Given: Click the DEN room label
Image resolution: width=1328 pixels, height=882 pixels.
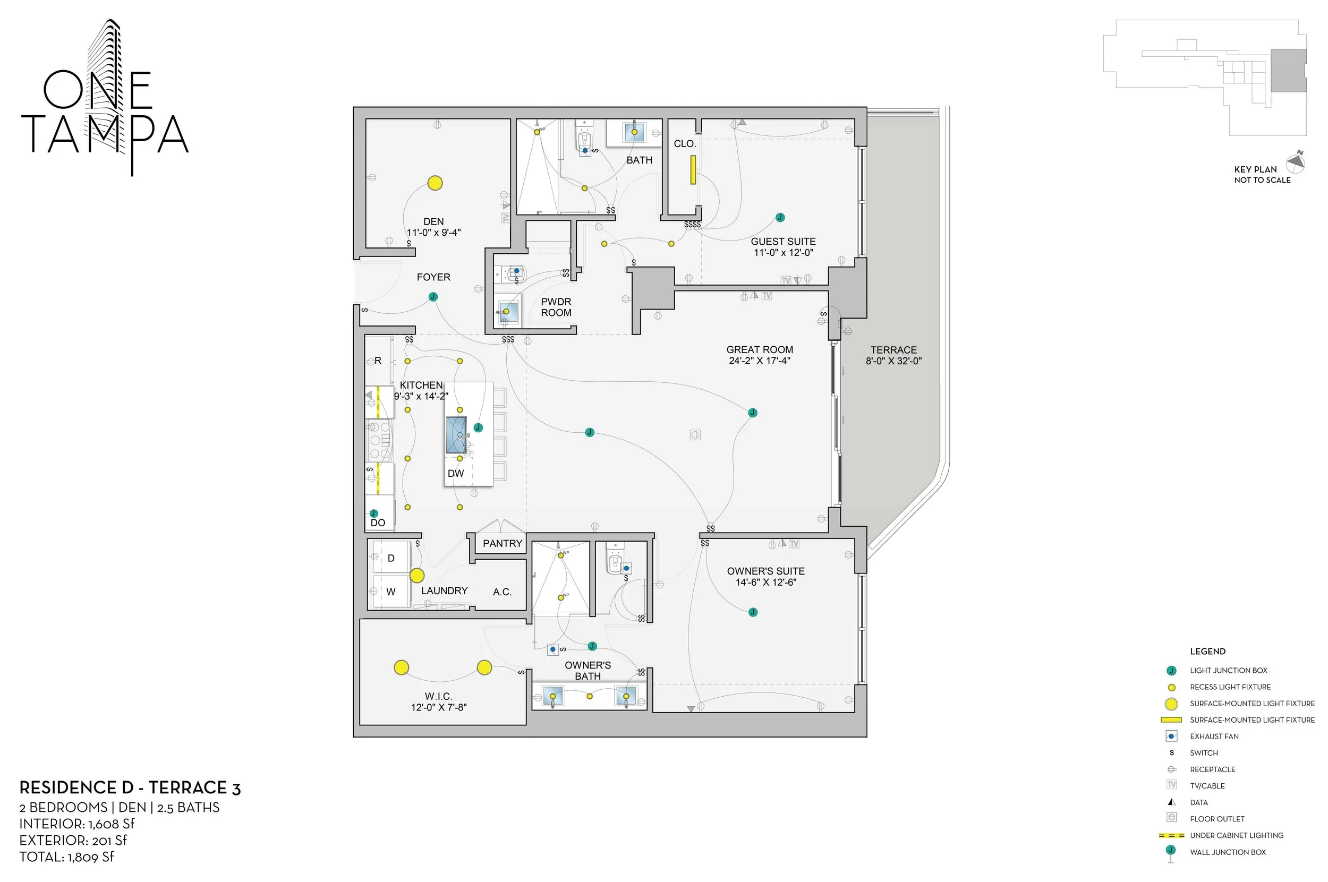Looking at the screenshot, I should [433, 221].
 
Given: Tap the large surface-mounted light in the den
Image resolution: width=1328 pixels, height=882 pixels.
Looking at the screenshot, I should [435, 183].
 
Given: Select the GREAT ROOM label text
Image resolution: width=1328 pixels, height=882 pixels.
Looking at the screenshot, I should [759, 350].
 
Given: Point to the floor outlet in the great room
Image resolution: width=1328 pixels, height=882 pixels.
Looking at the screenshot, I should [695, 435].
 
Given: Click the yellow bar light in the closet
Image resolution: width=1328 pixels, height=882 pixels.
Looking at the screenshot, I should [693, 170].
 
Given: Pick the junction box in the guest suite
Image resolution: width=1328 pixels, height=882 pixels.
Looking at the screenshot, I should [780, 218].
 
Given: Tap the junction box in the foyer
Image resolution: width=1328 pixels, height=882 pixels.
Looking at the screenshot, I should [433, 297].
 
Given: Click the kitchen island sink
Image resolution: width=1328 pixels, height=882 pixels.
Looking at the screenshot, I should [456, 434].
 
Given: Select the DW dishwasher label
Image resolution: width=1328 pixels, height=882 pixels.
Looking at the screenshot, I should [455, 474].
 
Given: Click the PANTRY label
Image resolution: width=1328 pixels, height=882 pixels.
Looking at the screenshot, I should [503, 543].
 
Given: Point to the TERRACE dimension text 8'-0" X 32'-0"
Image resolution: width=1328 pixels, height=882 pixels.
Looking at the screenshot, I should [893, 361].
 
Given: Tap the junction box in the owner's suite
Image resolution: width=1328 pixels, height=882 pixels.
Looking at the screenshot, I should [753, 612].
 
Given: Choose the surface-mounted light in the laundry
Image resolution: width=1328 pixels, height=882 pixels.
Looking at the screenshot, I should [416, 576].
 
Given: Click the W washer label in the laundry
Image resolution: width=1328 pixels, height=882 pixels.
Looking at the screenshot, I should [390, 592].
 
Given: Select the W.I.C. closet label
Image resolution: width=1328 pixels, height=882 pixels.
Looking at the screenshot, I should [438, 696].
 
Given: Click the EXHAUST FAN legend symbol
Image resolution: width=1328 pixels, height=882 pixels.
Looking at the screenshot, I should [1172, 737].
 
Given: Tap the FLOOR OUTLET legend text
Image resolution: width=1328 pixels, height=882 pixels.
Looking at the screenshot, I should [1216, 819].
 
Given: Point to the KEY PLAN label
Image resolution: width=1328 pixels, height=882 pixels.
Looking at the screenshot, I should [1255, 169].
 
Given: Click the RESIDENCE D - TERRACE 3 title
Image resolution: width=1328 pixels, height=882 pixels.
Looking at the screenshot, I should [130, 788].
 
